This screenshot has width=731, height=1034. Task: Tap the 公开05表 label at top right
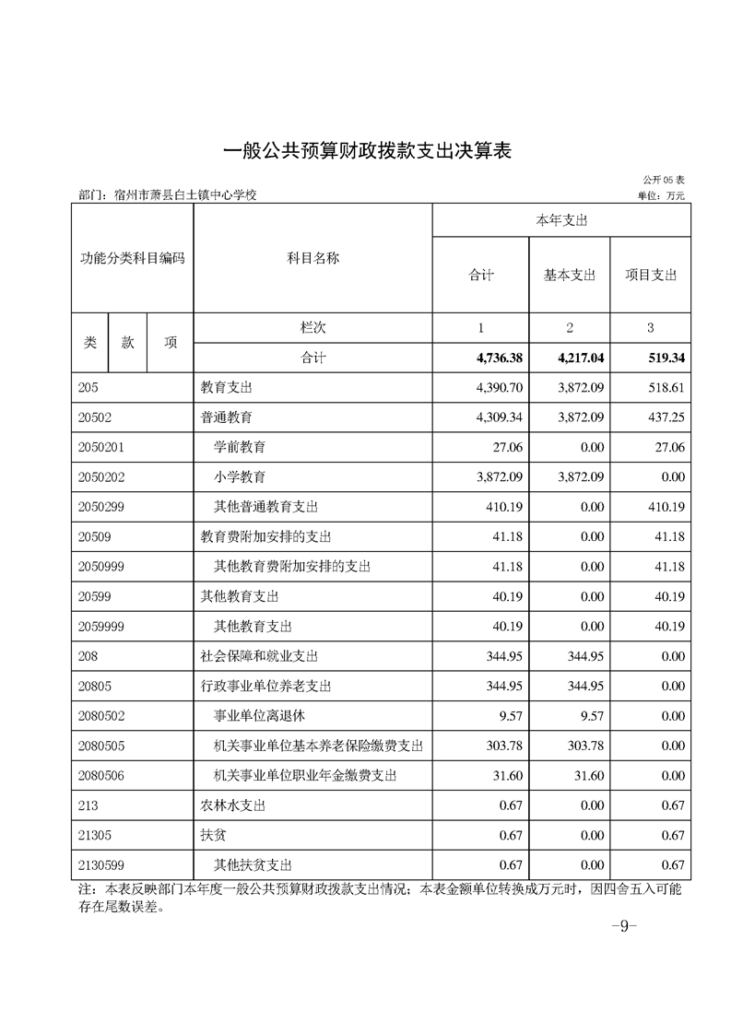664,181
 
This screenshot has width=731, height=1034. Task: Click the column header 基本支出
570,275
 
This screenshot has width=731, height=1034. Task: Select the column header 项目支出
651,275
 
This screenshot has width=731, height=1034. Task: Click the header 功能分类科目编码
132,258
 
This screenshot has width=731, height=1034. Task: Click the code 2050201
103,447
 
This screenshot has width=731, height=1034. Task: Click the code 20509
96,536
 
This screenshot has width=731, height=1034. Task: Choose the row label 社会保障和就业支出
260,656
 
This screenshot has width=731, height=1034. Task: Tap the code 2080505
103,746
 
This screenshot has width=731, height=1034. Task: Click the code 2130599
103,865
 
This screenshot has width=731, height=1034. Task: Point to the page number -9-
624,927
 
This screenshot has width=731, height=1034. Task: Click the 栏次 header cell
312,327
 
